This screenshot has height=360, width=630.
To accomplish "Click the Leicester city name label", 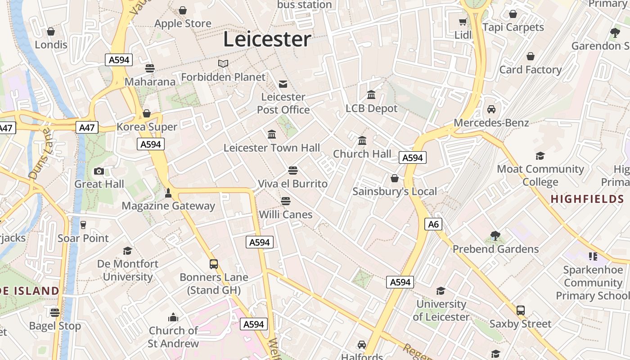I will pyautogui.click(x=267, y=39).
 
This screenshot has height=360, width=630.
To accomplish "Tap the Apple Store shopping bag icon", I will pyautogui.click(x=183, y=10).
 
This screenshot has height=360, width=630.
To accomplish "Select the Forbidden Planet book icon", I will pyautogui.click(x=223, y=64).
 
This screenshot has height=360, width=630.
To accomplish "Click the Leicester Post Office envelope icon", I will pyautogui.click(x=283, y=84).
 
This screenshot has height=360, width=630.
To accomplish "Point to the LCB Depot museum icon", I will pyautogui.click(x=371, y=95).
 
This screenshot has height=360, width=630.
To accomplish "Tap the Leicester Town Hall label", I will pyautogui.click(x=272, y=148).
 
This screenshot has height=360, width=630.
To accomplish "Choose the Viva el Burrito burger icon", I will pyautogui.click(x=293, y=171).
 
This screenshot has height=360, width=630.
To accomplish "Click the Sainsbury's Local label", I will pyautogui.click(x=394, y=191).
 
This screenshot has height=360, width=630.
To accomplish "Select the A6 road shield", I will pyautogui.click(x=433, y=224).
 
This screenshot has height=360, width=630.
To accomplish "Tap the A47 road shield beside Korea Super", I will pyautogui.click(x=86, y=127).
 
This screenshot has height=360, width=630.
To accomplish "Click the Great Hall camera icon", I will pyautogui.click(x=99, y=171).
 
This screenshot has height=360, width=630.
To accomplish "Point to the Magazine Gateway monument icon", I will pyautogui.click(x=168, y=193).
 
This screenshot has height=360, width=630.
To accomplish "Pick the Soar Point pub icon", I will pyautogui.click(x=83, y=225).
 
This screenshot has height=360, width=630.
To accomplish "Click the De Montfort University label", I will pyautogui.click(x=128, y=270).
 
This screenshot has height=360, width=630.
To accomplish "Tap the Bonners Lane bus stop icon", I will pyautogui.click(x=214, y=264).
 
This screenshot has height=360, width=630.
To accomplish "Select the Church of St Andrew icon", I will pyautogui.click(x=173, y=318).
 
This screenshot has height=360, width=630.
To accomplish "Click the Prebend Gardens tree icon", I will pyautogui.click(x=495, y=236).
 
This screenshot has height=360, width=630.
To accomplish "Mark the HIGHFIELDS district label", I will pyautogui.click(x=587, y=199).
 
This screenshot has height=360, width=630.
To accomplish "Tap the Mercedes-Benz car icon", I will pyautogui.click(x=491, y=109).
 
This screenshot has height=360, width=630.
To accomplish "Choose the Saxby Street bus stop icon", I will pyautogui.click(x=521, y=310).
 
